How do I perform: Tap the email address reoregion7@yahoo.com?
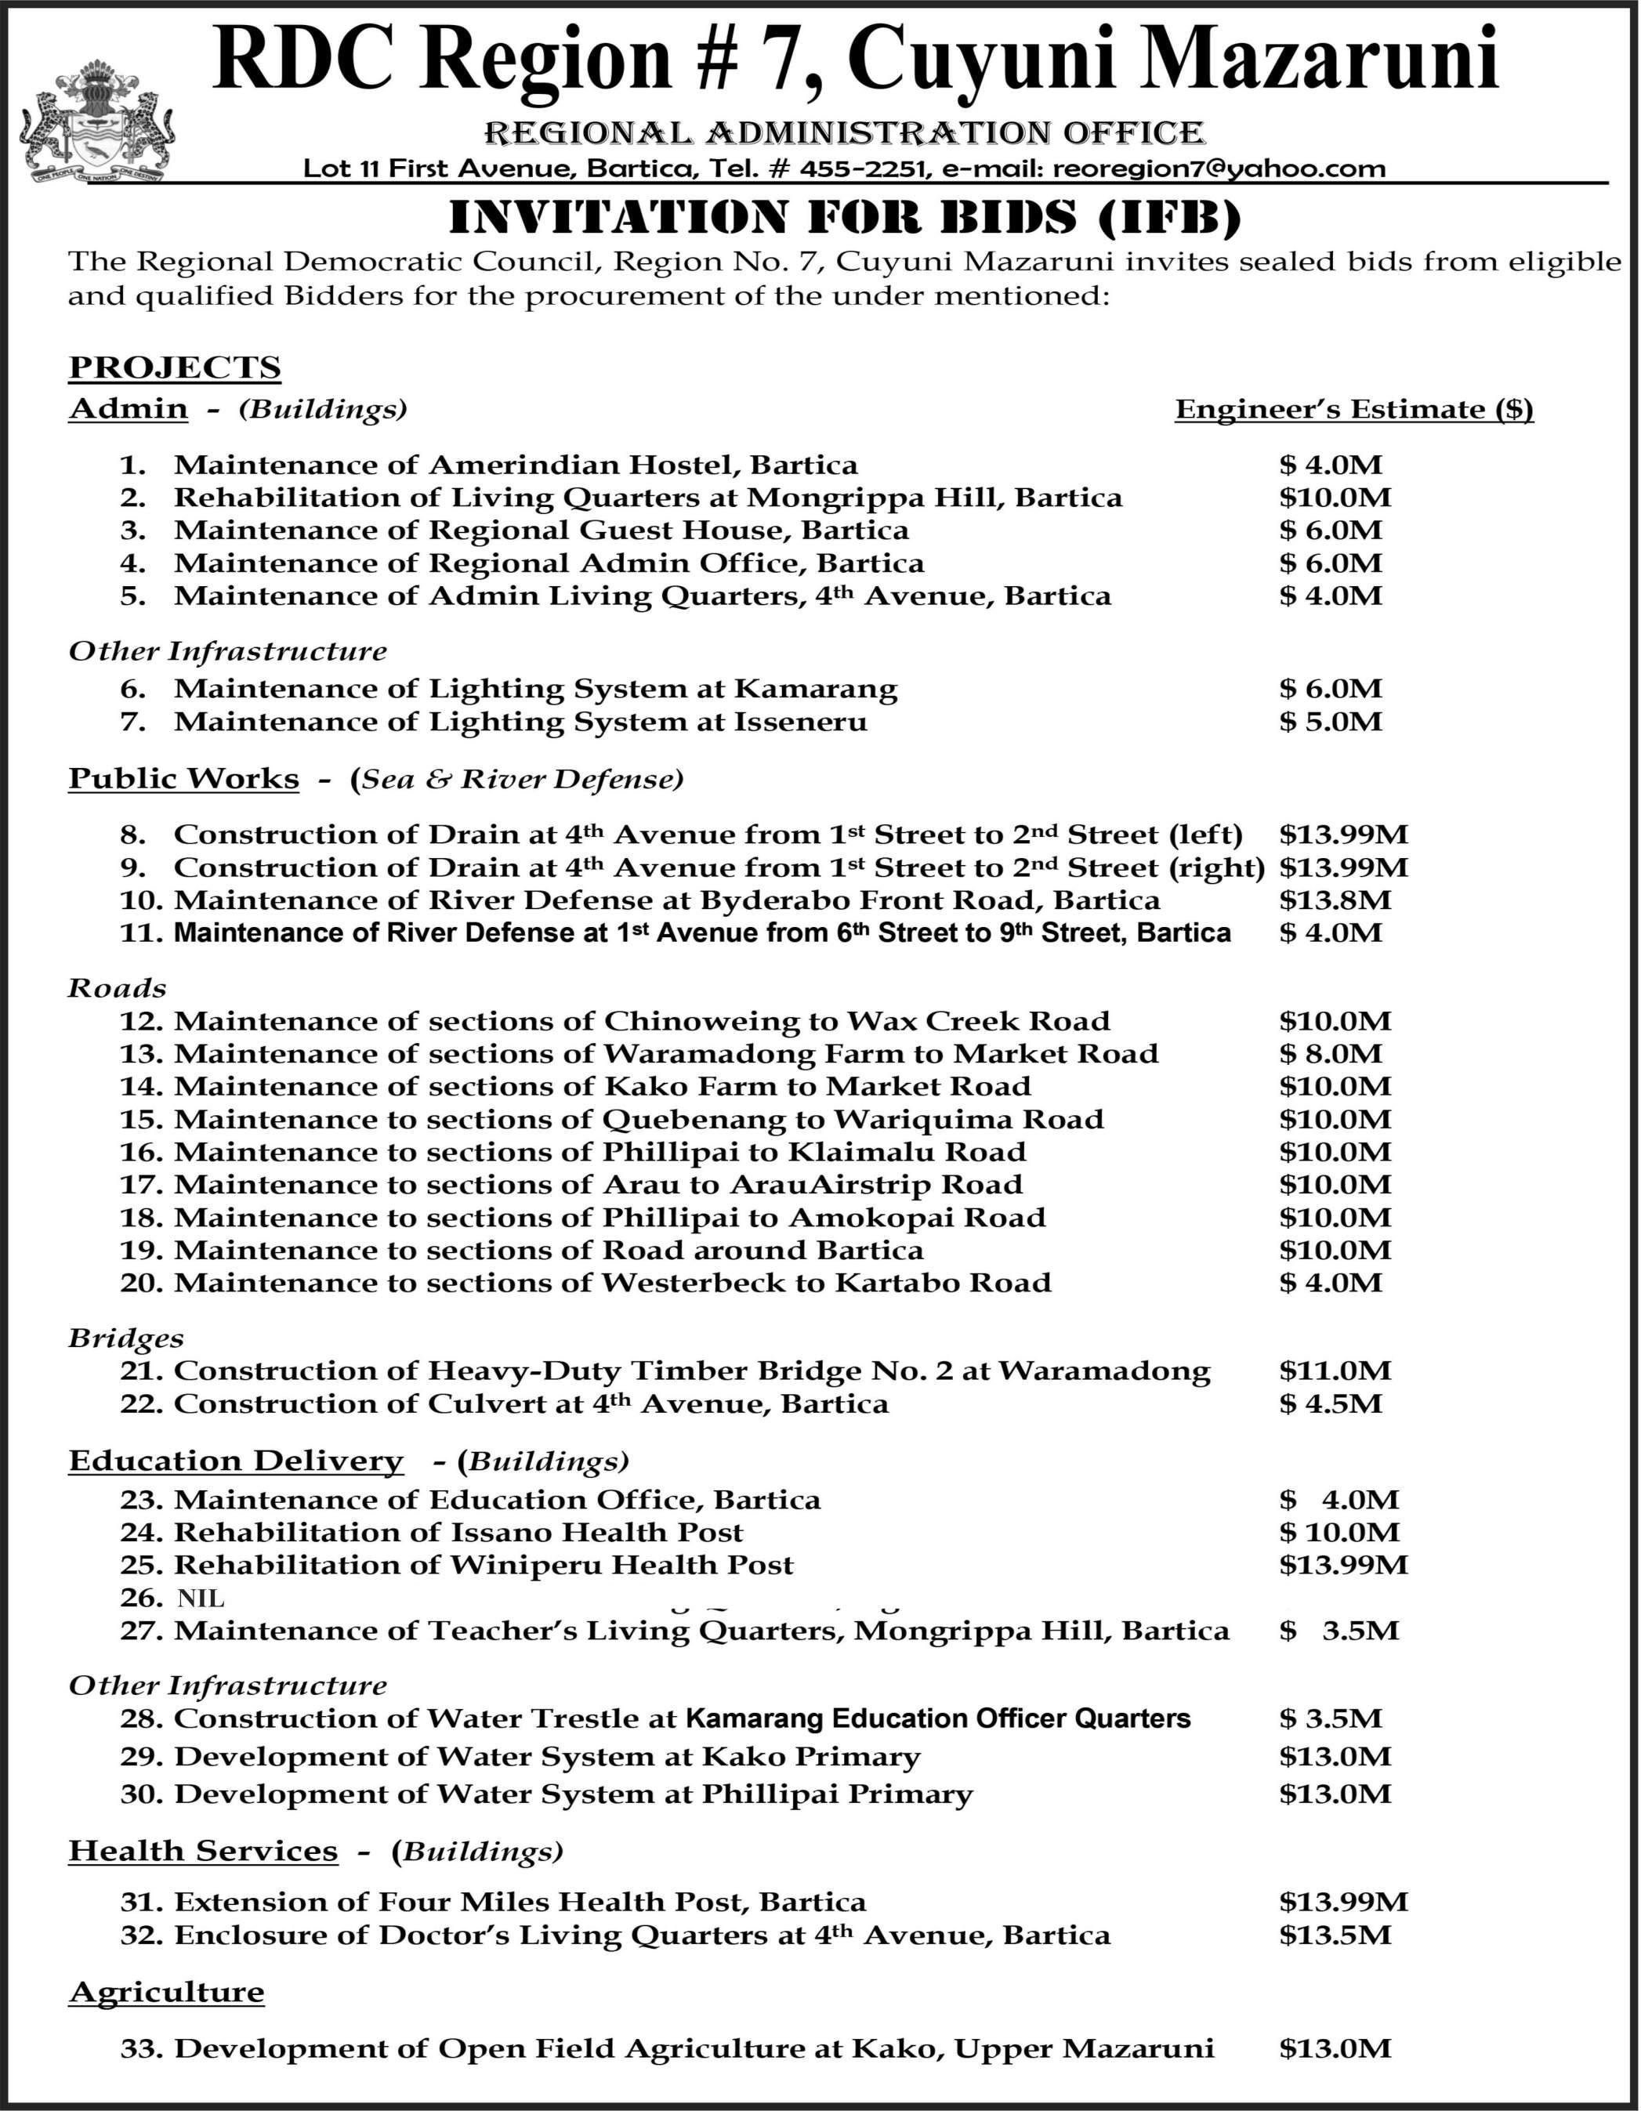pos(1219,169)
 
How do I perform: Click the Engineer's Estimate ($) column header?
pos(1353,410)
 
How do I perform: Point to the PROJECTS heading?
pos(175,368)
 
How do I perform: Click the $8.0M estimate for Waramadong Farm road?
pos(1331,1054)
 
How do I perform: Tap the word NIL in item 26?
pos(201,1599)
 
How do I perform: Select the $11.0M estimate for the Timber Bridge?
pos(1335,1371)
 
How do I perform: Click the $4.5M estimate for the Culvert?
pos(1331,1403)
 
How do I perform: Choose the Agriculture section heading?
pos(166,1993)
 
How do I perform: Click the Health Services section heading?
pos(203,1851)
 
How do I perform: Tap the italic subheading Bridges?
pos(125,1338)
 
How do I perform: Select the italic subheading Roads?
pos(117,988)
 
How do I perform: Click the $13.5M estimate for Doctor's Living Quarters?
pos(1335,1935)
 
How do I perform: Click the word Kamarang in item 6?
pos(816,689)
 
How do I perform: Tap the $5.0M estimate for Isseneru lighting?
pos(1331,722)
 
